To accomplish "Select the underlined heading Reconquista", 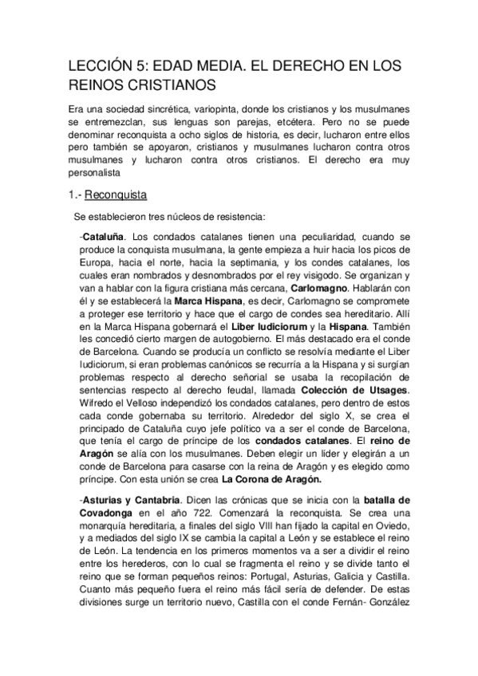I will click(115, 194).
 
